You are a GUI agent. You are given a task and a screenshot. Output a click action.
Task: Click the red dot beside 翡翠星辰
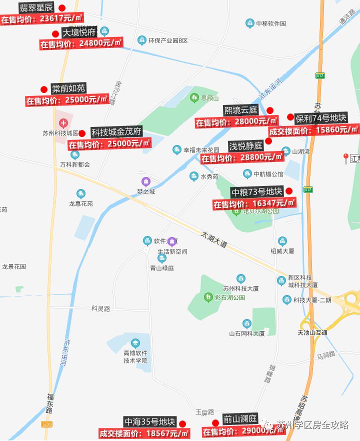tap(62, 8)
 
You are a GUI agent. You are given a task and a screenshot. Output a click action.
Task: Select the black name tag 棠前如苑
tap(68, 88)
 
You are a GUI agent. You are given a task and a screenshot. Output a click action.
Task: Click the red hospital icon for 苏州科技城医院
tap(63, 122)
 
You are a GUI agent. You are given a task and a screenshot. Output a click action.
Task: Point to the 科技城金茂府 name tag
tap(116, 132)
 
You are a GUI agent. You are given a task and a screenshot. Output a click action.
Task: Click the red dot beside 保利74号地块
tap(290, 117)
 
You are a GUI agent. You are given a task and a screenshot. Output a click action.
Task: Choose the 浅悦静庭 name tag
tap(245, 146)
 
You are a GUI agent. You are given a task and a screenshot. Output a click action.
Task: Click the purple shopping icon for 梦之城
tap(146, 181)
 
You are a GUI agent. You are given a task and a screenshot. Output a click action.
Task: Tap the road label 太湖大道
tap(214, 239)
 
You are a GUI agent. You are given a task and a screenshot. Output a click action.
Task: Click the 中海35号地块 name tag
tap(150, 421)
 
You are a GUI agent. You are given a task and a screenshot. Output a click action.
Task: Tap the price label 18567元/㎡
tap(144, 433)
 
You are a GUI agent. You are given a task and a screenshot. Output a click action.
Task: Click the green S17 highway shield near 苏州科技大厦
tap(308, 189)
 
